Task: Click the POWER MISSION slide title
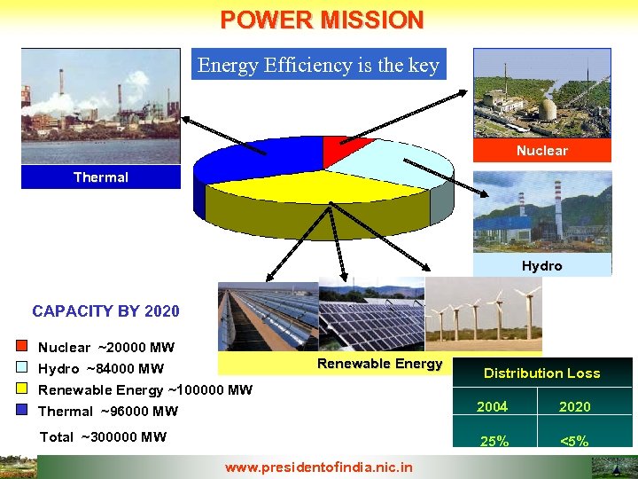point(322,20)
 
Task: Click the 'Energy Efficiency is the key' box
point(318,65)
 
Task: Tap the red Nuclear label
point(541,151)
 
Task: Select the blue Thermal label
point(100,177)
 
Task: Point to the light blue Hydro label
point(541,265)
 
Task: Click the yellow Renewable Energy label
point(379,364)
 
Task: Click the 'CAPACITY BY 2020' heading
point(105,311)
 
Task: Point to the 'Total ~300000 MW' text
point(103,436)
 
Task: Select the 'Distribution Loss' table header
point(541,373)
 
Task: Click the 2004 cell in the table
point(492,406)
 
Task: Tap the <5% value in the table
point(574,440)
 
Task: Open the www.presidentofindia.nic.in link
point(318,466)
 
